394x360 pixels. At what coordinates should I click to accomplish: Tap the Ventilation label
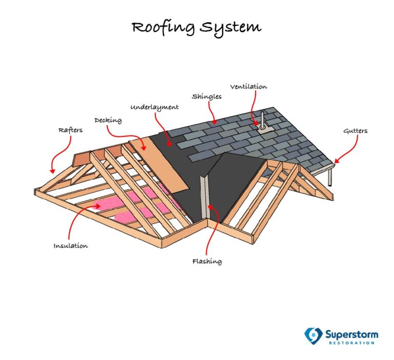pos(248,87)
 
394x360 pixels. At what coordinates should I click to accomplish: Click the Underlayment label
pos(154,107)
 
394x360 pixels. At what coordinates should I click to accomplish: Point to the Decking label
pos(108,120)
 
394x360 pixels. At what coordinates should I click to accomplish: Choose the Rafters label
pos(70,130)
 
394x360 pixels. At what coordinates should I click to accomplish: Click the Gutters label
pos(355,131)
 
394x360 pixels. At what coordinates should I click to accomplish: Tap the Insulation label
pos(71,246)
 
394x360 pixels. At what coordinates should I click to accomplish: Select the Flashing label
pos(207,261)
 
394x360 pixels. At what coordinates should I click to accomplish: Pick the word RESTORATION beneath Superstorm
pos(352,344)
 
